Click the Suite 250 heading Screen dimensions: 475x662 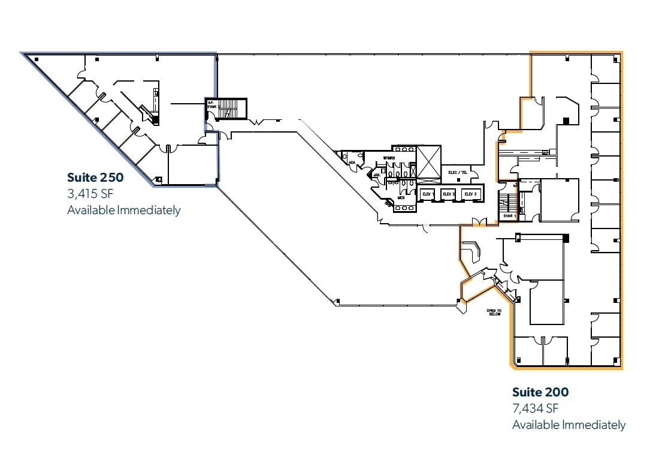point(95,178)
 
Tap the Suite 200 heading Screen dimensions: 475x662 point(540,392)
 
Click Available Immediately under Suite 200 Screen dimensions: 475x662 point(569,425)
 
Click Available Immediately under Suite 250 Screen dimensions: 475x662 point(123,210)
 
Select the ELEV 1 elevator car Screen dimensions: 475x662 point(428,194)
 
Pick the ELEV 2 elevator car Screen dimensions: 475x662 point(449,194)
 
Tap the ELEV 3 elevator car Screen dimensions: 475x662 point(470,194)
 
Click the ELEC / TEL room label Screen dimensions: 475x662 point(458,173)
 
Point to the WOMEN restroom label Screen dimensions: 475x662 point(389,158)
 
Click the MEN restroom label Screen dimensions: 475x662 point(401,197)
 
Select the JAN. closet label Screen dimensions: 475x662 point(377,175)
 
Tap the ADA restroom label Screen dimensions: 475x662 point(352,162)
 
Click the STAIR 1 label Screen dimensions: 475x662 point(509,215)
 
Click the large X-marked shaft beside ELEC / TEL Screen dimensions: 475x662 point(428,163)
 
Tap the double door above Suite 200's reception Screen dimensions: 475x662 point(479,224)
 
